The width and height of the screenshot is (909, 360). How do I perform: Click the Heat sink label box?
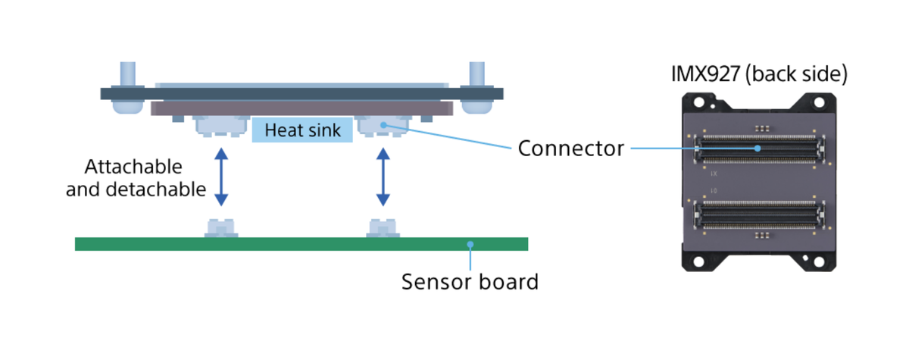(x=302, y=130)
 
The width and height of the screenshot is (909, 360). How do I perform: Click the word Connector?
(x=571, y=149)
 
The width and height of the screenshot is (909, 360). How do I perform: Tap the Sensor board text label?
(x=470, y=282)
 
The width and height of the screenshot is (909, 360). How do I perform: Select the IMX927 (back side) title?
(x=759, y=74)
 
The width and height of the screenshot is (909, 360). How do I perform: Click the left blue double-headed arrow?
(x=221, y=177)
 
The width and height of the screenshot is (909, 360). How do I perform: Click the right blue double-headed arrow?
(x=383, y=177)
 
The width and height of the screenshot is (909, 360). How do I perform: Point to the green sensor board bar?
(x=301, y=244)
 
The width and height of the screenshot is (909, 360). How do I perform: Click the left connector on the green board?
(x=221, y=228)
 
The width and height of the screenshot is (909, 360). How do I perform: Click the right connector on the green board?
(x=383, y=228)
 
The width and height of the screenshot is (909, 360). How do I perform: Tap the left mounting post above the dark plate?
(x=128, y=74)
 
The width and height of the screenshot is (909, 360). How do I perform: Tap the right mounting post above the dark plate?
(x=476, y=74)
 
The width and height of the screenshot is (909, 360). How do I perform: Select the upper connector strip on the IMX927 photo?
(x=759, y=149)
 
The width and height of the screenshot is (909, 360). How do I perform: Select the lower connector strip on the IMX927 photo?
(x=759, y=214)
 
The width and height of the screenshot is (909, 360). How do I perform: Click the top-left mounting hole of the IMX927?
(x=698, y=102)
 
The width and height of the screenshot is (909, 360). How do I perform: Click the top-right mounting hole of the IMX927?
(x=820, y=102)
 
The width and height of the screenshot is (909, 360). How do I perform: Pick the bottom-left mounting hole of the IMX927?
(x=698, y=261)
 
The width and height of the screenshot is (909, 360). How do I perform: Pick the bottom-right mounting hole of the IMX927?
(x=820, y=261)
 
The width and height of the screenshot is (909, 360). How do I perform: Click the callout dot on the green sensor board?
(x=470, y=244)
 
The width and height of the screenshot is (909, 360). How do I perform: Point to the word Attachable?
(x=133, y=167)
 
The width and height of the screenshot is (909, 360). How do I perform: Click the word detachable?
(x=156, y=189)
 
